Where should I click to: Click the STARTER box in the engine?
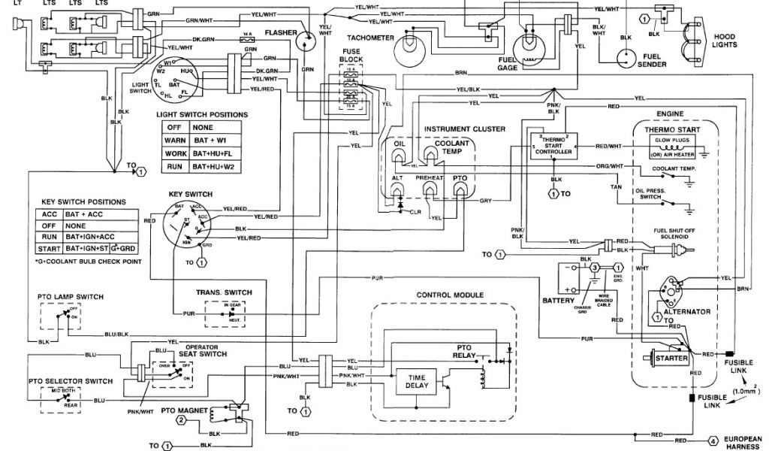tap(672, 359)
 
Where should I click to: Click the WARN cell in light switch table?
tap(176, 141)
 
